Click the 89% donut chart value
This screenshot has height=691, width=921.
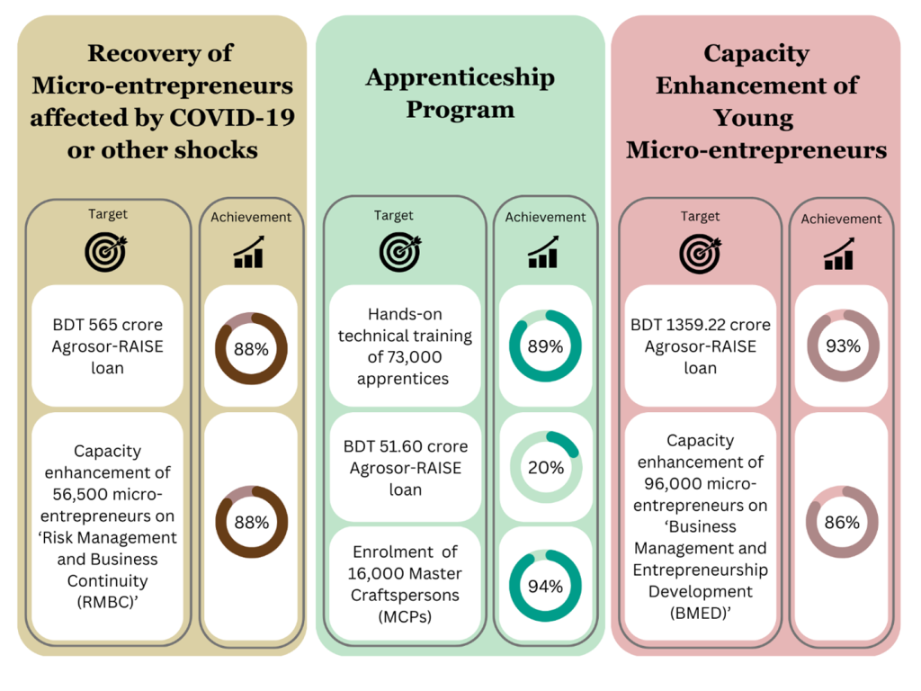point(545,346)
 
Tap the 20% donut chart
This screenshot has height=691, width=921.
point(545,468)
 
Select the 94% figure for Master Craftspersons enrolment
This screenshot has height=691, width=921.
point(545,587)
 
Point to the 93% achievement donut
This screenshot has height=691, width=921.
point(843,346)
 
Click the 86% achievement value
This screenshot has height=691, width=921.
point(843,523)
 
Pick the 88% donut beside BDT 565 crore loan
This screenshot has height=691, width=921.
point(251,350)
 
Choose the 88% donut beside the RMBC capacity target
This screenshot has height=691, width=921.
point(251,522)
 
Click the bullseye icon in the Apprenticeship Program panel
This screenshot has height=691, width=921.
point(399,252)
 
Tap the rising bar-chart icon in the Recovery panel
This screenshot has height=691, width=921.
point(249,252)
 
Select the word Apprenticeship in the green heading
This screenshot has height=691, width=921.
point(460,78)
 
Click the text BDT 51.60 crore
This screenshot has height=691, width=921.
point(406,446)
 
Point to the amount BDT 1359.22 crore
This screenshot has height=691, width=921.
point(701,325)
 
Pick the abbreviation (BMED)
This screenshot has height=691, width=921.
point(701,614)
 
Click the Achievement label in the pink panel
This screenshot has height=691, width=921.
point(841,219)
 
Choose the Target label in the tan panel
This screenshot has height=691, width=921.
point(108,214)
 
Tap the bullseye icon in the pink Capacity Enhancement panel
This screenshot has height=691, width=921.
point(700,253)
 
